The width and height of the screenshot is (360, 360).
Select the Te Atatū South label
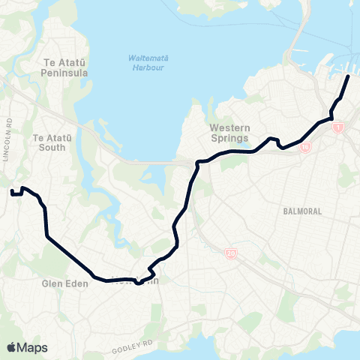[49, 142]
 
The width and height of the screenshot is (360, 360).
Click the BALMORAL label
[302, 211]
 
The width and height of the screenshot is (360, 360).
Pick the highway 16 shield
[305, 148]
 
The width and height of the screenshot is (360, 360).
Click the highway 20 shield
[230, 254]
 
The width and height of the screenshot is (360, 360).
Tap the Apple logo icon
[11, 347]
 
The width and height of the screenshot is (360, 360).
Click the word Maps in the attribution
[32, 347]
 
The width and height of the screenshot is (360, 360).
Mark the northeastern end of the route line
[348, 76]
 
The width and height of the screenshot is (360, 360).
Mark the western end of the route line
[12, 193]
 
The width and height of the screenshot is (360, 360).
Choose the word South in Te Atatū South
[49, 148]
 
